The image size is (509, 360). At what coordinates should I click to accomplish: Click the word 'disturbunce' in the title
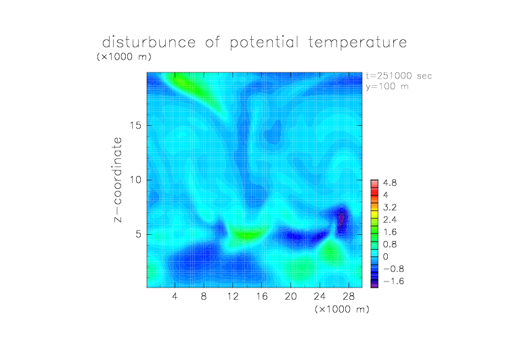(x=149, y=42)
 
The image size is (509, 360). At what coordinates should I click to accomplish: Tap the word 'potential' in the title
(x=264, y=43)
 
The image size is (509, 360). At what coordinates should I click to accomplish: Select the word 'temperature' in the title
(x=357, y=43)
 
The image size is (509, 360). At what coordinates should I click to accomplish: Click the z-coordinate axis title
(x=118, y=180)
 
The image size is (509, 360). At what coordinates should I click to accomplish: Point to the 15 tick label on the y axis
(x=135, y=125)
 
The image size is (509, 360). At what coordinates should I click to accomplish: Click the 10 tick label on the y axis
(x=135, y=180)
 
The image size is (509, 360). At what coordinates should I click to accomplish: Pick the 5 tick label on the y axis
(x=139, y=234)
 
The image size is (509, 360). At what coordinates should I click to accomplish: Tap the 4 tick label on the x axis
(x=175, y=296)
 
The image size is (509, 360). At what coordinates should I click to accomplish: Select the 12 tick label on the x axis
(x=233, y=296)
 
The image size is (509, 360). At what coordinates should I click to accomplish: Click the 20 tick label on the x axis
(x=291, y=296)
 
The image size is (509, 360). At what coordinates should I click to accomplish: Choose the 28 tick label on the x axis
(x=349, y=296)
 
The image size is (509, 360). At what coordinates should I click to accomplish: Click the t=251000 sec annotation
(x=399, y=76)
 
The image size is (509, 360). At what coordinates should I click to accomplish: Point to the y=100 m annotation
(x=387, y=87)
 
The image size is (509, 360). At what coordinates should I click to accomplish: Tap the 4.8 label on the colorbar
(x=390, y=183)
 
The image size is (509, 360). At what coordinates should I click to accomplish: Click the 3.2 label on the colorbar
(x=390, y=208)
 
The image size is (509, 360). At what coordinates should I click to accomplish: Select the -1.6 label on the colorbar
(x=393, y=281)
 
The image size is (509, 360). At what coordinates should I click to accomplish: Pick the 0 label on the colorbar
(x=386, y=256)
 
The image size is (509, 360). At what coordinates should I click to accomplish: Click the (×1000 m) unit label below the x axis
(x=342, y=309)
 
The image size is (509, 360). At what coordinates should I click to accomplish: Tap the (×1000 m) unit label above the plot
(x=125, y=56)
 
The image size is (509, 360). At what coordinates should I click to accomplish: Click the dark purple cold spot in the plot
(x=342, y=219)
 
